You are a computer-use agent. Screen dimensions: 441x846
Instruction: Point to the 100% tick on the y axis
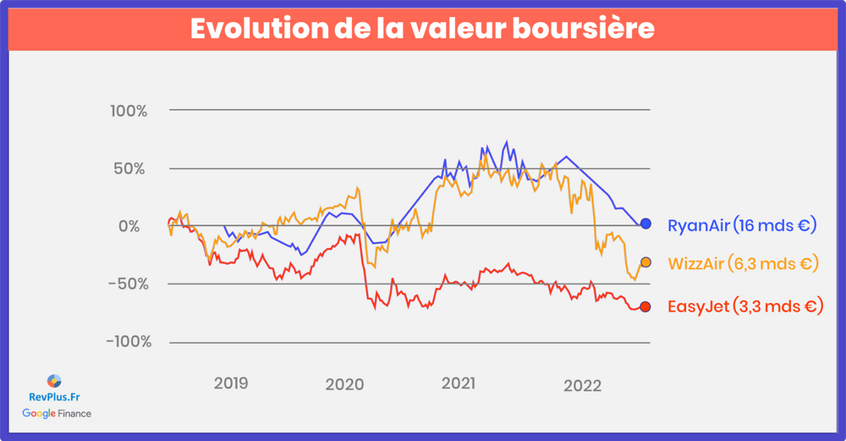tap(129, 111)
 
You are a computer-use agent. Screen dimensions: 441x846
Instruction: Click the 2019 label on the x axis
tap(231, 383)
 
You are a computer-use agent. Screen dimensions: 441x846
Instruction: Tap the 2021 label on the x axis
tap(460, 383)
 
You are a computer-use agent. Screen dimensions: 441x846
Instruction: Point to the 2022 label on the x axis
tap(582, 385)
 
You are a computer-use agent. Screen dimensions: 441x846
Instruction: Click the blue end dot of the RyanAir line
tap(645, 223)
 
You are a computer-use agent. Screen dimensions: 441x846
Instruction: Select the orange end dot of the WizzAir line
tap(645, 262)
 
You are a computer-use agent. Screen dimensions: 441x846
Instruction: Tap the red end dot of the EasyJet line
tap(645, 306)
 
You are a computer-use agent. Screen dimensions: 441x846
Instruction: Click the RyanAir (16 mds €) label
tap(741, 225)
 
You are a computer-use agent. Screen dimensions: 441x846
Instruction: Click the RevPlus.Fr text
tap(54, 396)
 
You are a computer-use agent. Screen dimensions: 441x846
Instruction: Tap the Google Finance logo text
tap(57, 413)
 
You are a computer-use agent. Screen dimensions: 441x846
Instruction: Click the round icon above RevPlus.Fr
tap(54, 380)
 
